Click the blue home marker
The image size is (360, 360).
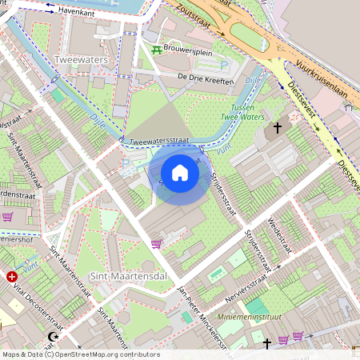(x=180, y=172)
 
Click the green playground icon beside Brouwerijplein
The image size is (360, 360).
(x=156, y=50)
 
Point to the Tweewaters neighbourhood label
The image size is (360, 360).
(x=81, y=60)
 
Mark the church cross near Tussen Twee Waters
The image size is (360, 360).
(x=278, y=127)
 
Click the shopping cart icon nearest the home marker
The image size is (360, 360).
(x=156, y=244)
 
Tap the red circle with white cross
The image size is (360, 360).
(x=12, y=277)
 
